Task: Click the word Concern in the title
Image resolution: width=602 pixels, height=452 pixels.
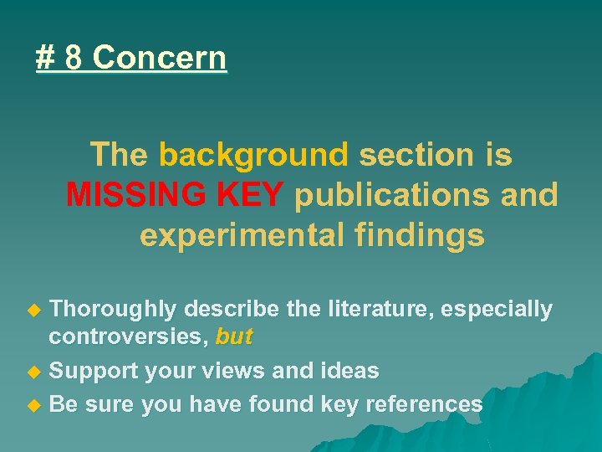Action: coord(159,59)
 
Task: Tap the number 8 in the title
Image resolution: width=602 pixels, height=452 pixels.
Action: coord(73,59)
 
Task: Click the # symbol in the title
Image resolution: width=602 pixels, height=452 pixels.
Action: coord(45,59)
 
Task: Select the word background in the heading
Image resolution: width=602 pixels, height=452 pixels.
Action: coord(253,155)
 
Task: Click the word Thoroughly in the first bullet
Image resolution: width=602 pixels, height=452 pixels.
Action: coord(113,310)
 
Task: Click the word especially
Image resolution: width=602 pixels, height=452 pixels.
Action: coord(497,310)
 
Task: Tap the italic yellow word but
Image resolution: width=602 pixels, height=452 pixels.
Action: coord(234,336)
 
